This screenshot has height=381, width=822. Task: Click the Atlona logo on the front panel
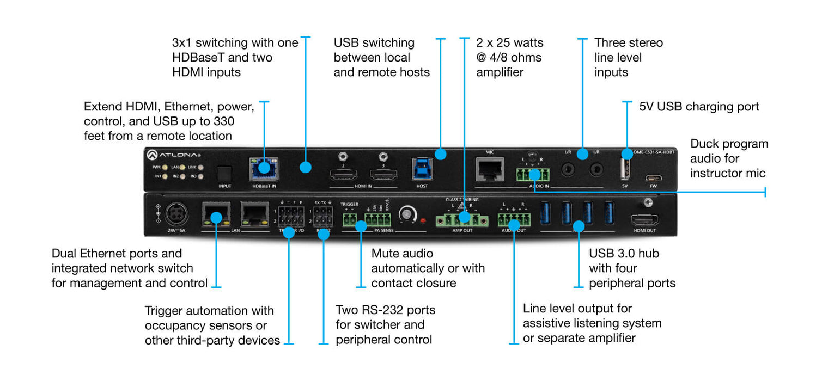pos(170,155)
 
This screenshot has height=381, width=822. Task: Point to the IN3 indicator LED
pos(201,176)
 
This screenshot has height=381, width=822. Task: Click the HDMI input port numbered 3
pos(383,175)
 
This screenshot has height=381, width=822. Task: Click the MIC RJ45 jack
pos(489,169)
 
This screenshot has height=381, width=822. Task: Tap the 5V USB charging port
pos(625,169)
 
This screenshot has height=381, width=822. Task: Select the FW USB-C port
pos(652,177)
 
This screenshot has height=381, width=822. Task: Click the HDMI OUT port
pos(644,220)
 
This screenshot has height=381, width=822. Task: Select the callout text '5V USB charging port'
pos(699,107)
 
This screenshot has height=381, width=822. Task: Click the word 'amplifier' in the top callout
pos(500,72)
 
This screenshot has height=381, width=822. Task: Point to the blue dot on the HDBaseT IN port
pos(264,167)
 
